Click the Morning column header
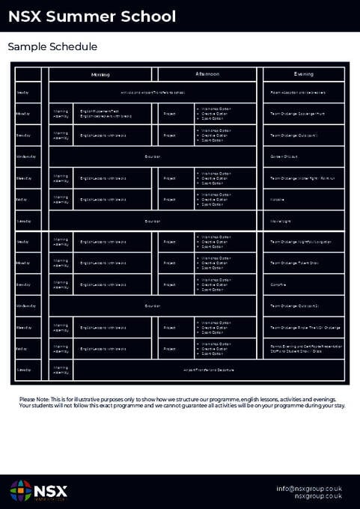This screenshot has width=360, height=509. pos(100,74)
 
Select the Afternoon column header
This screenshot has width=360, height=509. pos(207,74)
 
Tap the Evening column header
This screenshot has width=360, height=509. pos(304,74)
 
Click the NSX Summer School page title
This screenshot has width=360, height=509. pos(92,16)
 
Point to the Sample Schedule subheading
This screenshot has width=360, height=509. pos(52,46)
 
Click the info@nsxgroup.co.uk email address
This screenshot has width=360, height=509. pos(308,488)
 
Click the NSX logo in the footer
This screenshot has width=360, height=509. pos(39,490)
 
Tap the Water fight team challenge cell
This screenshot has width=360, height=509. pos(302,178)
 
